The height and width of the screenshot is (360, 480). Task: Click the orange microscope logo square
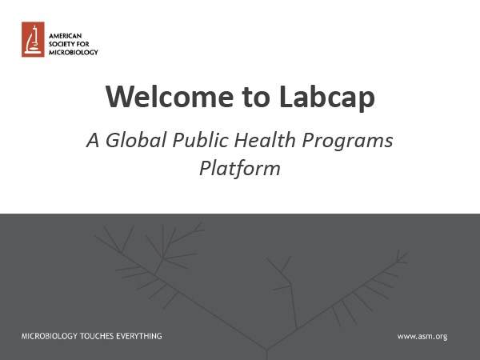click(33, 39)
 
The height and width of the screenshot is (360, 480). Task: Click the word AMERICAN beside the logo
click(66, 36)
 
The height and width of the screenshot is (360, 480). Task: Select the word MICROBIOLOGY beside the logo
click(74, 52)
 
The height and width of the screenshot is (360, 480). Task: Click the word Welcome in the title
click(170, 97)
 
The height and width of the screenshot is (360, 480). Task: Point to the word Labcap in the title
click(327, 98)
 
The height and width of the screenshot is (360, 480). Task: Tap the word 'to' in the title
click(256, 98)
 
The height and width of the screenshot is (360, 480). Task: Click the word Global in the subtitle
click(136, 140)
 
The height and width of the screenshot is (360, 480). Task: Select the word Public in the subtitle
click(201, 140)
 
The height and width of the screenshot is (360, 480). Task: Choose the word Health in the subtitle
click(265, 140)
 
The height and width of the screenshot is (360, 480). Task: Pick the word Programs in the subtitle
click(347, 142)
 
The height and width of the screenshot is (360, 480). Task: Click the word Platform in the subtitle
click(240, 168)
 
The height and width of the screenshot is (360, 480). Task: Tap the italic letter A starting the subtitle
click(93, 140)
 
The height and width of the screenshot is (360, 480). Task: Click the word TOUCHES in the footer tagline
click(97, 336)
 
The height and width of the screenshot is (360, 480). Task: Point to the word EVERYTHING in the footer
click(139, 336)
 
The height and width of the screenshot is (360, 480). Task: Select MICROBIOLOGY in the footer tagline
click(50, 336)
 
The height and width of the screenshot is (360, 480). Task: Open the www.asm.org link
click(422, 337)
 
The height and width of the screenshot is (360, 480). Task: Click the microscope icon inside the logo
click(33, 40)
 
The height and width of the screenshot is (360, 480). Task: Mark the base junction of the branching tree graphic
click(267, 350)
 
